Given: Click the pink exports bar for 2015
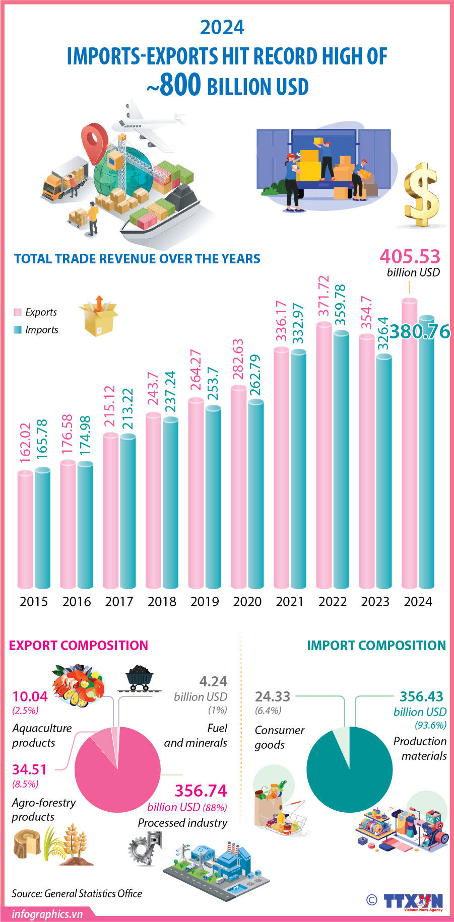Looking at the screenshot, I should click(25, 529).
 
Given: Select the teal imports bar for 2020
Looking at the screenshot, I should click(255, 493).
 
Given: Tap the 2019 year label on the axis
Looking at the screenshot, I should click(205, 601).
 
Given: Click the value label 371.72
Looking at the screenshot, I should click(323, 296).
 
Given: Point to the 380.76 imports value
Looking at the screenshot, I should click(420, 332).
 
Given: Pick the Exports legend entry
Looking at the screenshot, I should click(40, 312).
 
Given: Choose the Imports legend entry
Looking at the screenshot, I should click(41, 330).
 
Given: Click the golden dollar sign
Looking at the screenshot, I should click(422, 195).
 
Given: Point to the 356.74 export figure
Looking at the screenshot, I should click(201, 791).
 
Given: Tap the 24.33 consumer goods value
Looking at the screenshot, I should click(273, 696).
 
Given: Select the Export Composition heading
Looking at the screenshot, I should click(79, 646).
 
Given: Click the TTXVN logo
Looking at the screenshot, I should click(413, 900).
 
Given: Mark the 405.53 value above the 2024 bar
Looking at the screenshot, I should click(410, 257).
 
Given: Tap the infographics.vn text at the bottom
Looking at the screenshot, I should click(47, 914).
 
